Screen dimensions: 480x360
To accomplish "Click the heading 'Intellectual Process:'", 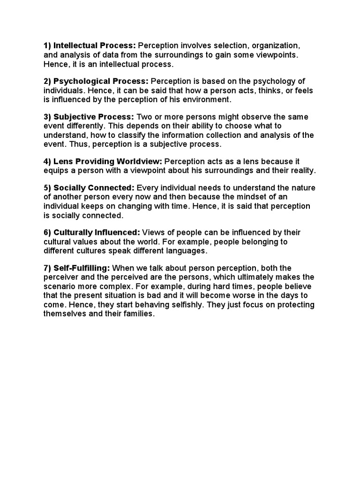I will (x=95, y=46).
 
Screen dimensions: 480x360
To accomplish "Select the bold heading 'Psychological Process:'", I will (x=101, y=81).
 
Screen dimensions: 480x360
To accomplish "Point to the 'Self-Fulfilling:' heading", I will (x=82, y=268).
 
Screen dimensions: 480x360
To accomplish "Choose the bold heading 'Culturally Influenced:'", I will (x=97, y=232).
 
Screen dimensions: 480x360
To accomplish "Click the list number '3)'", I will (x=47, y=117).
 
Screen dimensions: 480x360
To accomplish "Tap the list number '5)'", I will (x=47, y=188).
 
